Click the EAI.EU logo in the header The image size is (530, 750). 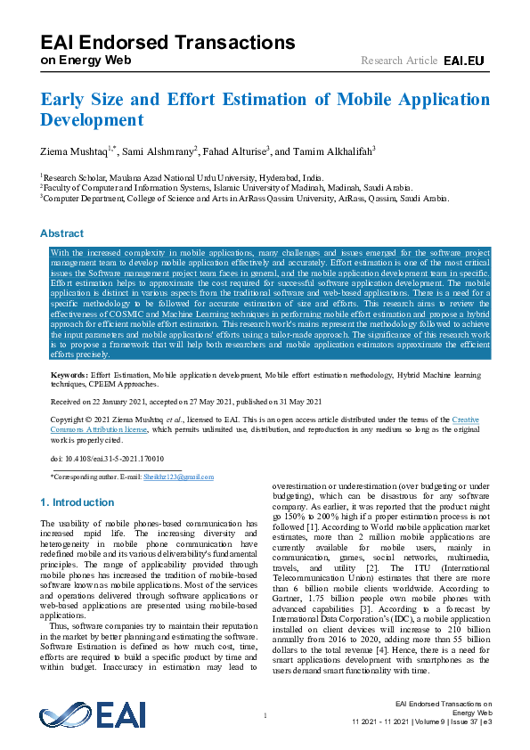click(463, 60)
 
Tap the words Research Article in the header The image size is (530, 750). click(399, 60)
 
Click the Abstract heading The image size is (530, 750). click(61, 233)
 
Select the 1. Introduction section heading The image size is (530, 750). click(77, 502)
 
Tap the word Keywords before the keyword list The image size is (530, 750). click(68, 377)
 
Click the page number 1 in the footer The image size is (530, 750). click(265, 717)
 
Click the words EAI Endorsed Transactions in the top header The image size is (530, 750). click(168, 42)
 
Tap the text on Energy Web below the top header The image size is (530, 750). click(86, 60)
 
